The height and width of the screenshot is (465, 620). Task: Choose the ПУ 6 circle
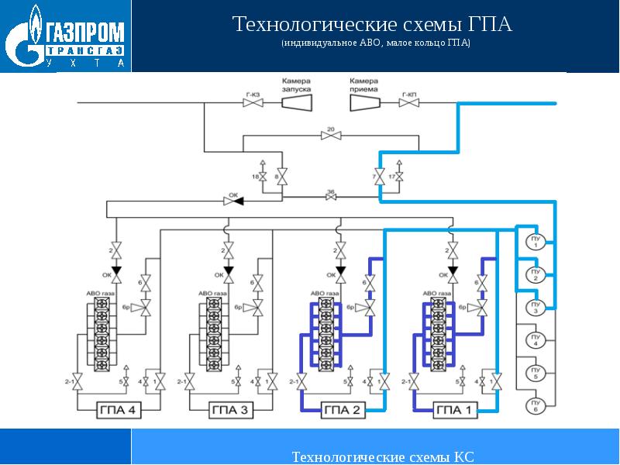point(535,406)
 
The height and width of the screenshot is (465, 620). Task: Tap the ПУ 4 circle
point(535,340)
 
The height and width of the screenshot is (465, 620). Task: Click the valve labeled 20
point(331,136)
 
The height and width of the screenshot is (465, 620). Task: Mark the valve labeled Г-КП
point(409,102)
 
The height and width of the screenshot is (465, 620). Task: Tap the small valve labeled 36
point(331,198)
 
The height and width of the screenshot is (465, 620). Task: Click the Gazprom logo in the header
point(65,38)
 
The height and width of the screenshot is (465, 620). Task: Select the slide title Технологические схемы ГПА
point(374,25)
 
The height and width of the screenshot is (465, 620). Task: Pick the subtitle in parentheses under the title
point(375,45)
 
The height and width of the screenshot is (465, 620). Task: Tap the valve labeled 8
point(282,177)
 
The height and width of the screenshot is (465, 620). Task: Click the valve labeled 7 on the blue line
point(380,177)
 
